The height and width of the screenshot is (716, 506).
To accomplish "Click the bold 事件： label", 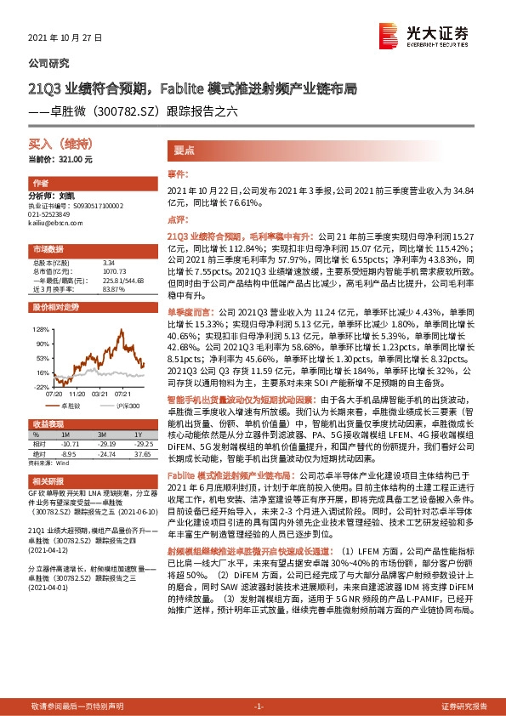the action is [177, 173].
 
